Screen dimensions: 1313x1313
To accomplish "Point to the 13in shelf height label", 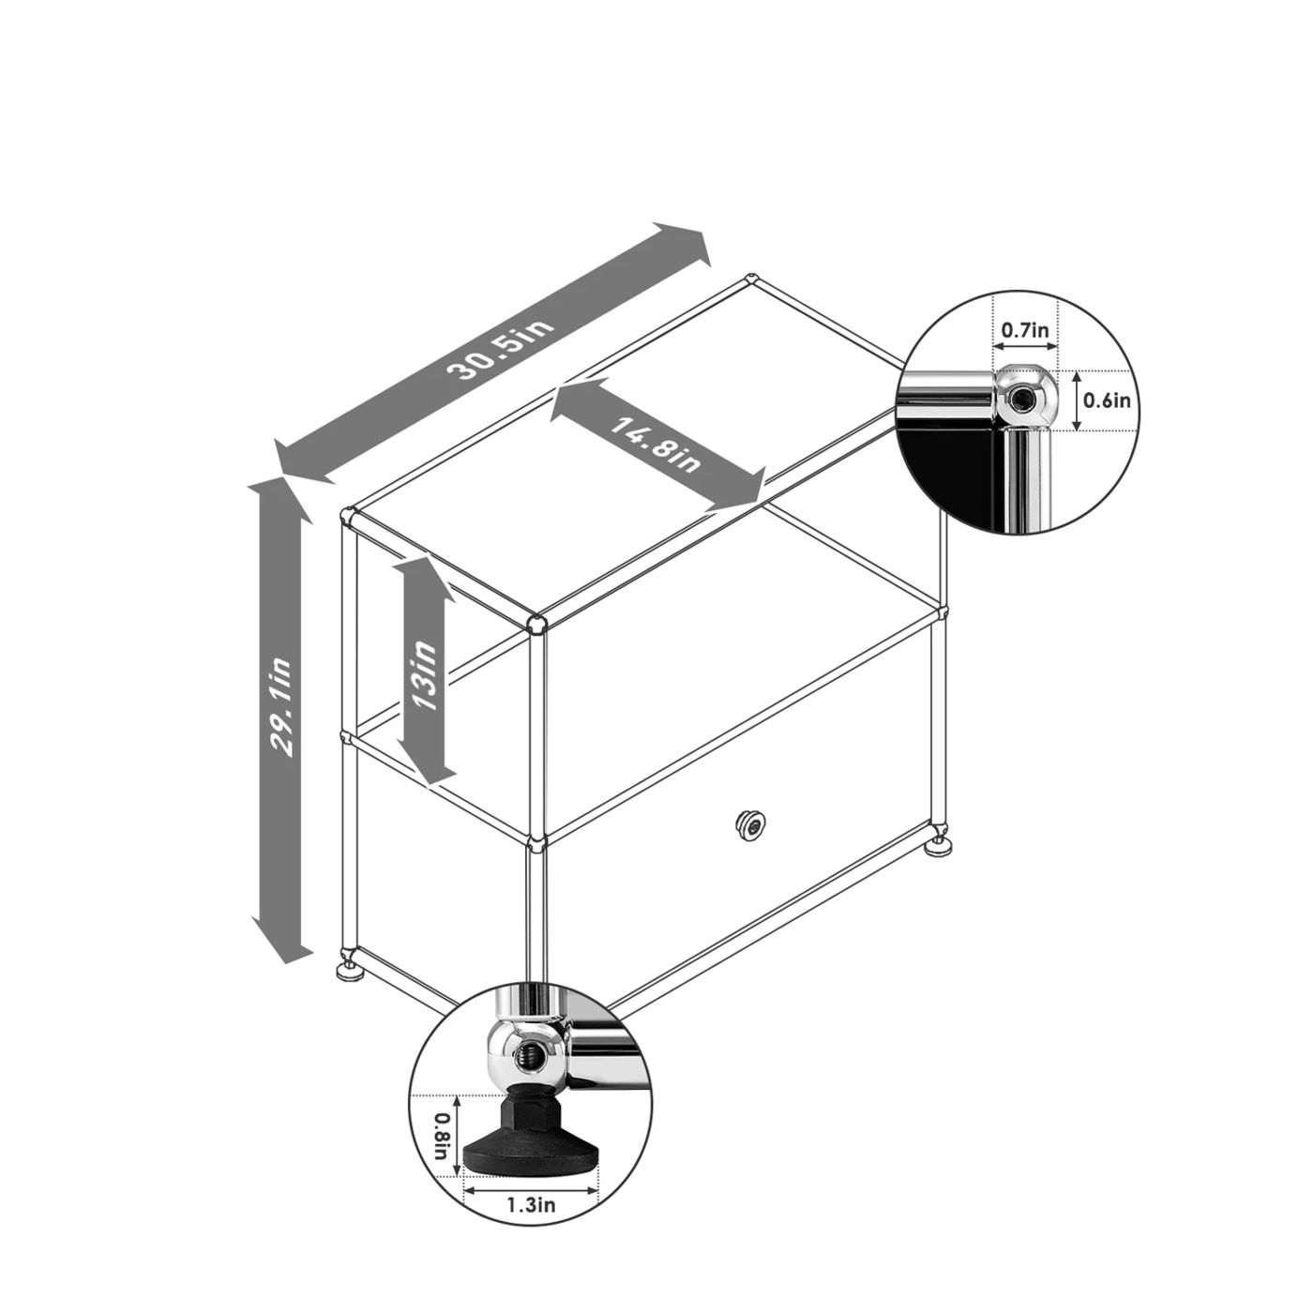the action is click(x=424, y=673).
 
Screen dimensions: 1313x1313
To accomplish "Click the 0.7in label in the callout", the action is click(x=1024, y=332).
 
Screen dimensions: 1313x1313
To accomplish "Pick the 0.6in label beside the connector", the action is click(x=1107, y=400).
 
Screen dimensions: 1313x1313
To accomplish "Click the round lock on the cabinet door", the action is click(x=750, y=826).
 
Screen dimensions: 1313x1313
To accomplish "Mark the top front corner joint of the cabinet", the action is click(x=536, y=624).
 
